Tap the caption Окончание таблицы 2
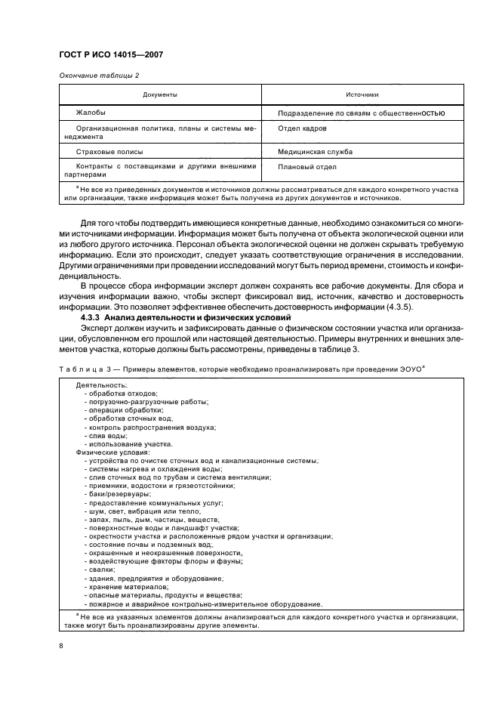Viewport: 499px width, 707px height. tap(99, 75)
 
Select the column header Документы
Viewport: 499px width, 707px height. tap(160, 95)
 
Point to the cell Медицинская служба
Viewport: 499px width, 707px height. tap(315, 152)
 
